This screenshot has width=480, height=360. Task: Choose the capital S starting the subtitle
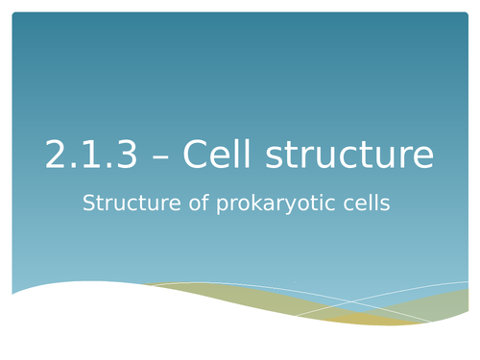(90, 204)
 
